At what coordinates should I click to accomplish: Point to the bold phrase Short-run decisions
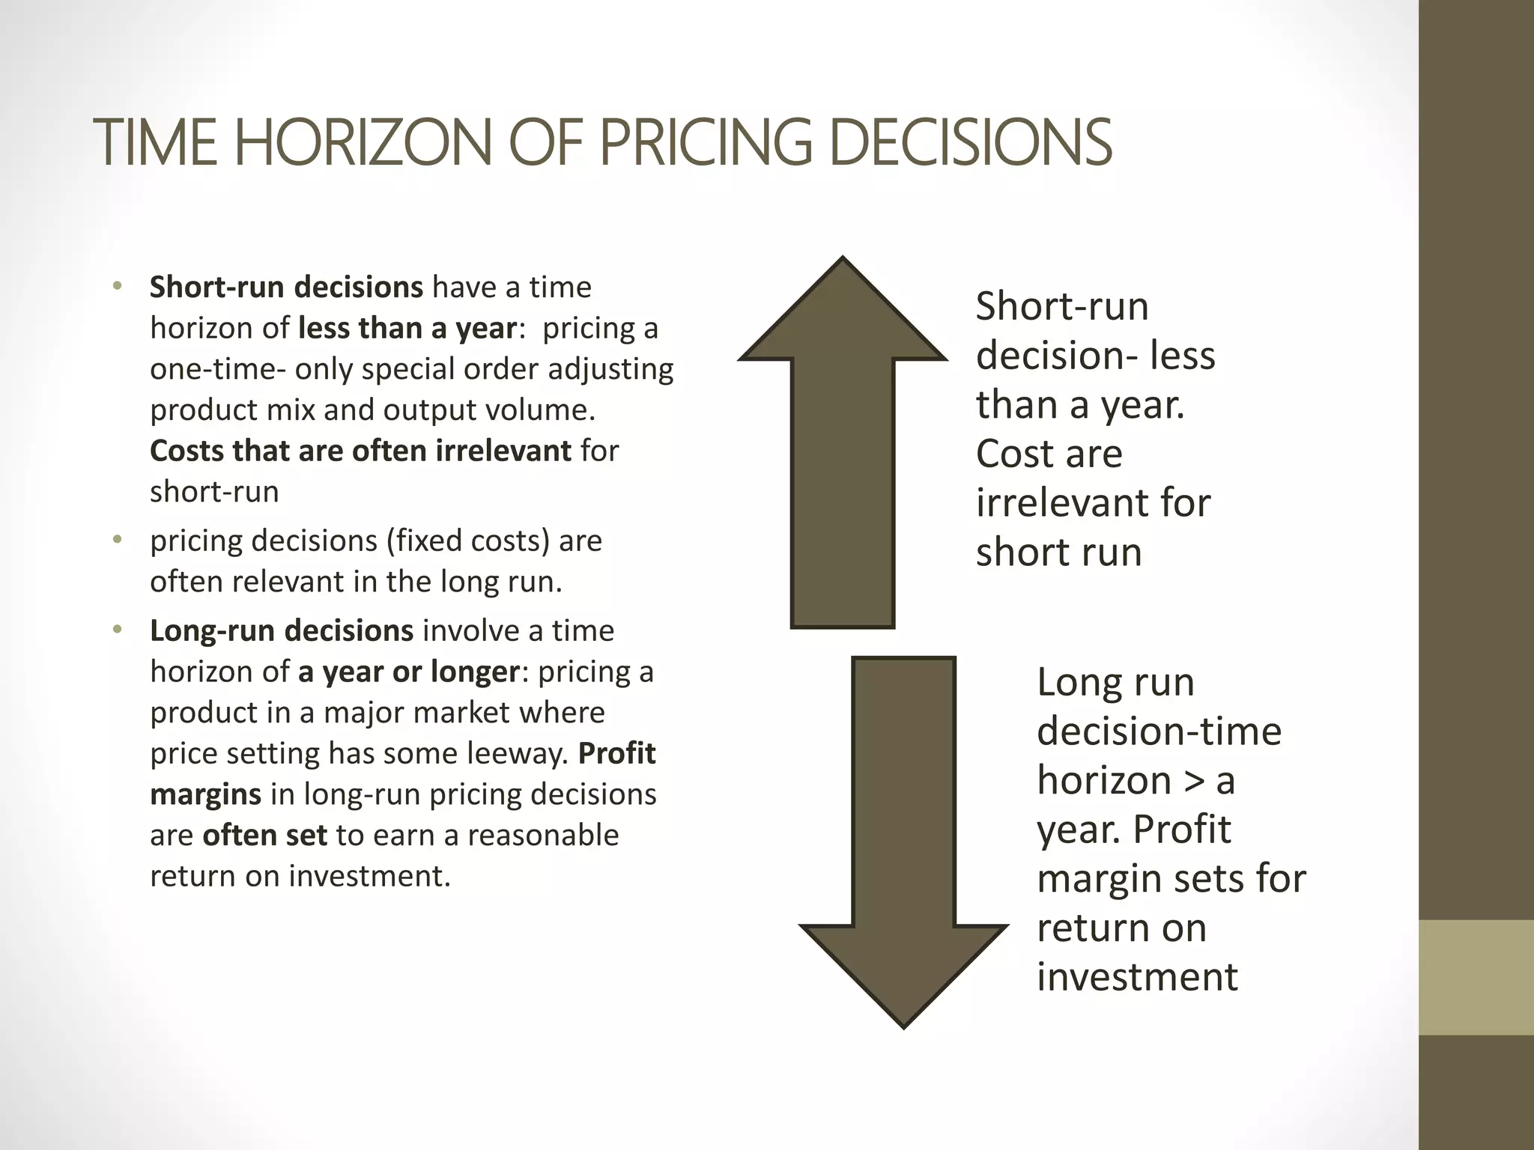click(x=286, y=287)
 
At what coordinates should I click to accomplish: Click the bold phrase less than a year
click(x=407, y=328)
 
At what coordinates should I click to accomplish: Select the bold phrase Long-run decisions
click(x=281, y=630)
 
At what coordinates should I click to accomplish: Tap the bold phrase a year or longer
click(x=408, y=672)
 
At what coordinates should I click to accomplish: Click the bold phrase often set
click(x=264, y=835)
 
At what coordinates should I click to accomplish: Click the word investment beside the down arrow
click(x=1137, y=977)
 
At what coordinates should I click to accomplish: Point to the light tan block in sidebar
click(x=1476, y=977)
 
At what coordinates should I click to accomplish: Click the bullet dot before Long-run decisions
click(x=117, y=630)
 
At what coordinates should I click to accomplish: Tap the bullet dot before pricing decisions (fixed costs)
click(x=117, y=540)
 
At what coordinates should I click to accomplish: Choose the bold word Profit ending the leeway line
click(x=616, y=753)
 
